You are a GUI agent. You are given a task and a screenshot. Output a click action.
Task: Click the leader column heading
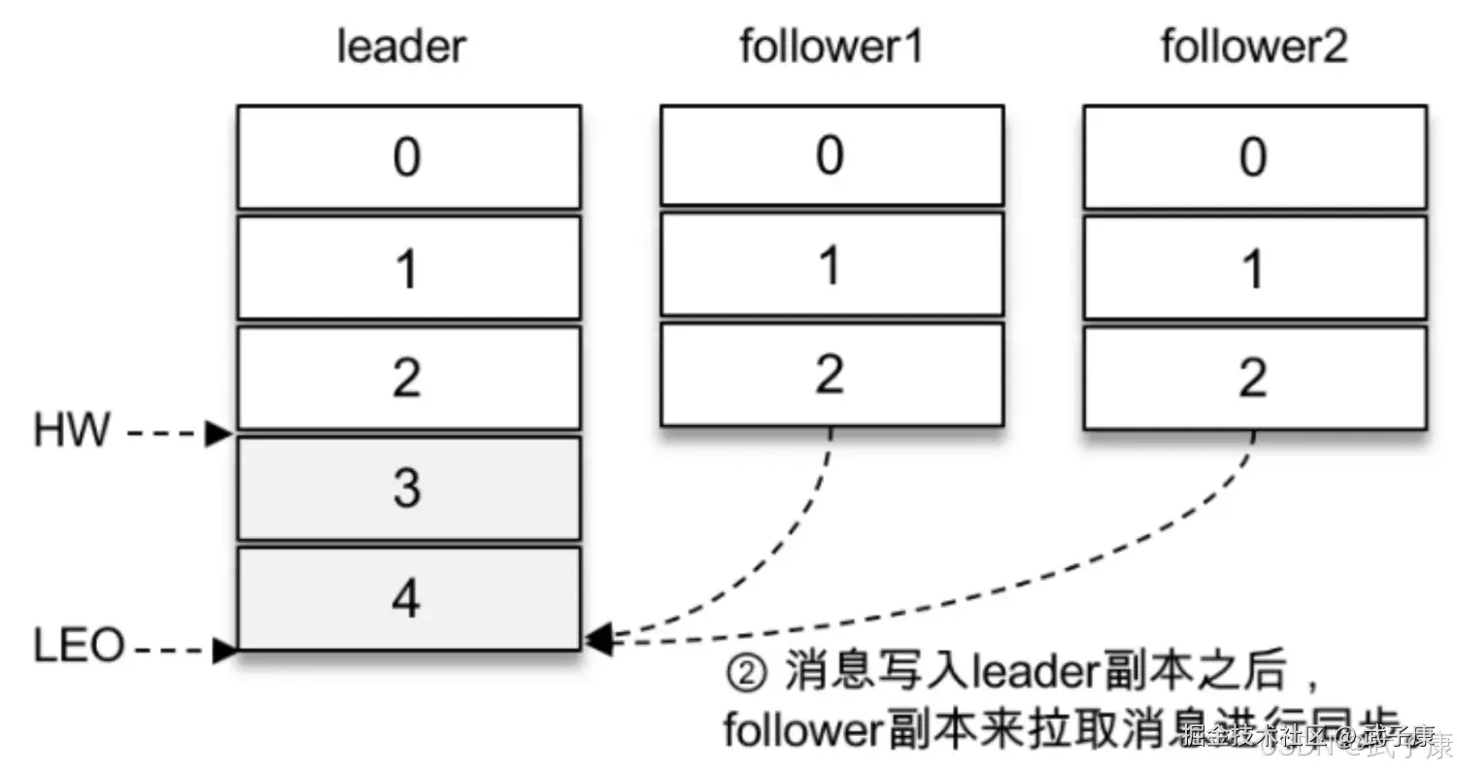pyautogui.click(x=401, y=47)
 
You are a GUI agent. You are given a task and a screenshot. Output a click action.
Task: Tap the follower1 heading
pyautogui.click(x=830, y=47)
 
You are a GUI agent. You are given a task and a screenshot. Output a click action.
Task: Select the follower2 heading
pyautogui.click(x=1254, y=47)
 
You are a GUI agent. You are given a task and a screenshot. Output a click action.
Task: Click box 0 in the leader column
pyautogui.click(x=408, y=157)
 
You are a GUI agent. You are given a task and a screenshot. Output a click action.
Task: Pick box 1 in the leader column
pyautogui.click(x=408, y=268)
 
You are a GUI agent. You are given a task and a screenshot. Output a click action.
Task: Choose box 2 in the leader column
pyautogui.click(x=408, y=378)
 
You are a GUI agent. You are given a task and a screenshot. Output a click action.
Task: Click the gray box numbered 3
pyautogui.click(x=408, y=488)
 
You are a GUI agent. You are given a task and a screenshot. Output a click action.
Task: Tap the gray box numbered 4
pyautogui.click(x=408, y=598)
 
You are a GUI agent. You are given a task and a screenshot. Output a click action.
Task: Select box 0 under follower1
pyautogui.click(x=831, y=155)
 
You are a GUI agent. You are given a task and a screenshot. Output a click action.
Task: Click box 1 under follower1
pyautogui.click(x=831, y=265)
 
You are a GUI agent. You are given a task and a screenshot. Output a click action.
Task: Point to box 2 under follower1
pyautogui.click(x=831, y=375)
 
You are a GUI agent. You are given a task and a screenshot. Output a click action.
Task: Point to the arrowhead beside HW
pyautogui.click(x=219, y=434)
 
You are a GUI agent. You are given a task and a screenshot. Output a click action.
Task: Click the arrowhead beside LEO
pyautogui.click(x=224, y=650)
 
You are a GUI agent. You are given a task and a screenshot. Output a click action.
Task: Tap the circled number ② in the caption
pyautogui.click(x=747, y=673)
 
